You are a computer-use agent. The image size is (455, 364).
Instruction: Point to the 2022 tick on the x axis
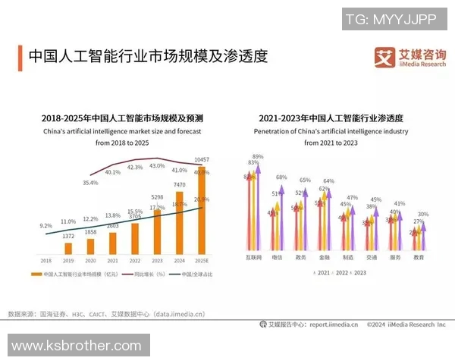pyautogui.click(x=135, y=259)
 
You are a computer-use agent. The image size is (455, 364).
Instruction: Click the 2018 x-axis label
pyautogui.click(x=46, y=259)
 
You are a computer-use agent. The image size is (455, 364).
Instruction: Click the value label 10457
pyautogui.click(x=202, y=160)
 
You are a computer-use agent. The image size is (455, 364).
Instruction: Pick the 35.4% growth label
pyautogui.click(x=90, y=183)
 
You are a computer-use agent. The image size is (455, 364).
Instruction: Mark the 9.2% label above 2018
pyautogui.click(x=45, y=225)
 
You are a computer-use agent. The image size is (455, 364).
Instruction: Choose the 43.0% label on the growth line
pyautogui.click(x=157, y=165)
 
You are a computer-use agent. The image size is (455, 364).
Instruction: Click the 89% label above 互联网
pyautogui.click(x=258, y=157)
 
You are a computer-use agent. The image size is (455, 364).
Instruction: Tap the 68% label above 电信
pyautogui.click(x=281, y=177)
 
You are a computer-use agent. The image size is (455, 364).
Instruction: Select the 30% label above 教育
pyautogui.click(x=423, y=215)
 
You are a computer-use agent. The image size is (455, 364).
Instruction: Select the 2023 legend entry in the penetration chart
pyautogui.click(x=357, y=272)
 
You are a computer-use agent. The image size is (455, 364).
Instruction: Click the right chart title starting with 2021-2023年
pyautogui.click(x=330, y=119)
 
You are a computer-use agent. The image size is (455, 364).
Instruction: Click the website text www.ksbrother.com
pyautogui.click(x=81, y=346)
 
